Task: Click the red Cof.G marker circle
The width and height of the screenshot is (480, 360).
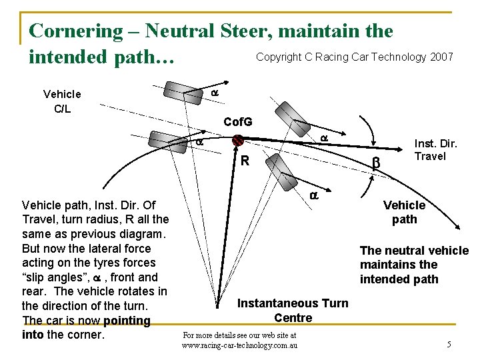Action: click(237, 141)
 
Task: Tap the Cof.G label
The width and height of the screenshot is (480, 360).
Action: click(238, 122)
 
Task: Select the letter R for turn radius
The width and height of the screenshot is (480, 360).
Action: click(245, 161)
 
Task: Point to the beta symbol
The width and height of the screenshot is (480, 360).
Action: click(376, 162)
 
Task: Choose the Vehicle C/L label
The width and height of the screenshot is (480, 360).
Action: click(62, 101)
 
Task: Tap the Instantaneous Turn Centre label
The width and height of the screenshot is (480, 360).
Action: click(293, 310)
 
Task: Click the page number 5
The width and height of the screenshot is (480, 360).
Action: click(449, 345)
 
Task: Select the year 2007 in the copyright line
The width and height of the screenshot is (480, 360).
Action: click(442, 57)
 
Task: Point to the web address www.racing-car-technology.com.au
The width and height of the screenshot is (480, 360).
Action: click(239, 345)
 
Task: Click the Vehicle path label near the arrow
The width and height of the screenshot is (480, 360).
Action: click(404, 212)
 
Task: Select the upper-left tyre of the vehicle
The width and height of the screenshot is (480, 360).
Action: click(183, 91)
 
